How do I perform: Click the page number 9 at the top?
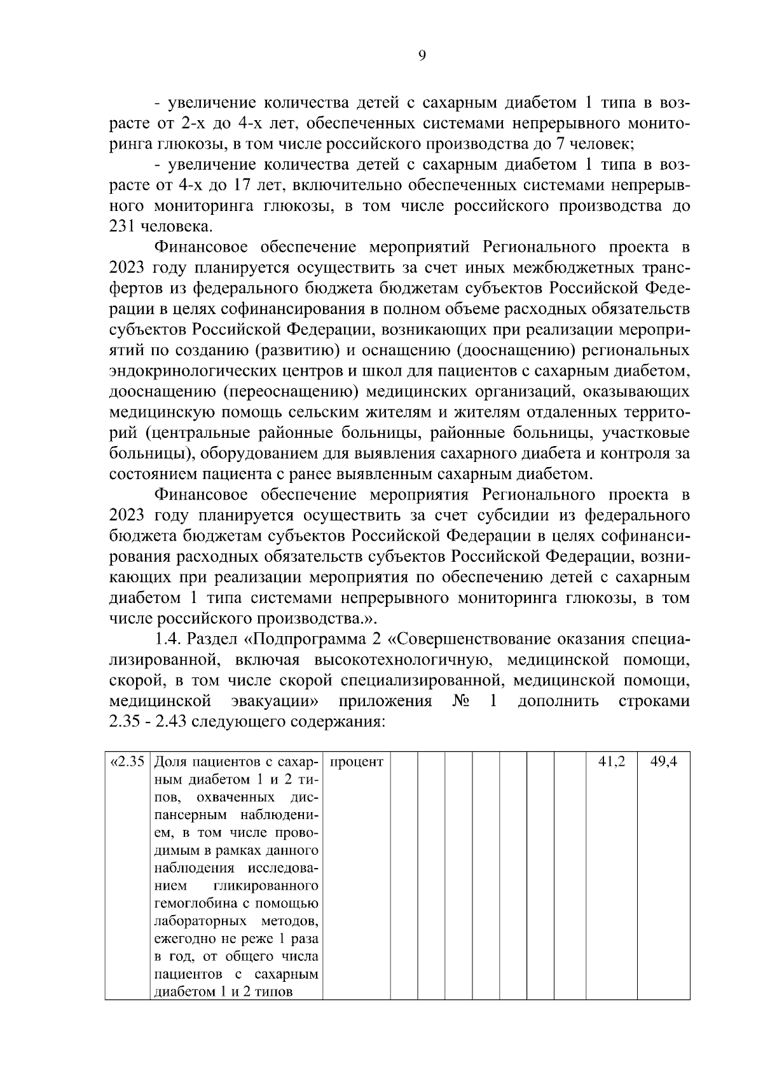[422, 56]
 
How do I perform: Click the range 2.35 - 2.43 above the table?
[148, 723]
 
